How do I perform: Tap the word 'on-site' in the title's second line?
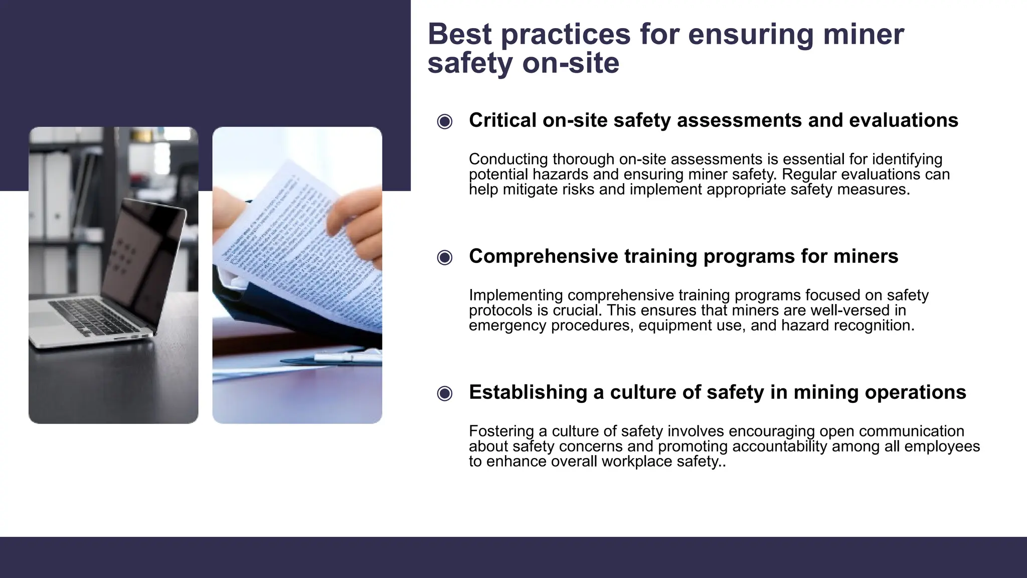tap(571, 64)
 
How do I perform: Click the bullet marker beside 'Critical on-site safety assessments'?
tap(444, 121)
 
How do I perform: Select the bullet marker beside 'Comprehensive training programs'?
tap(444, 257)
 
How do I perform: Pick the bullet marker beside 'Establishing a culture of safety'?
tap(444, 393)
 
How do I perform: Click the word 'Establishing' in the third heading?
tap(528, 392)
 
